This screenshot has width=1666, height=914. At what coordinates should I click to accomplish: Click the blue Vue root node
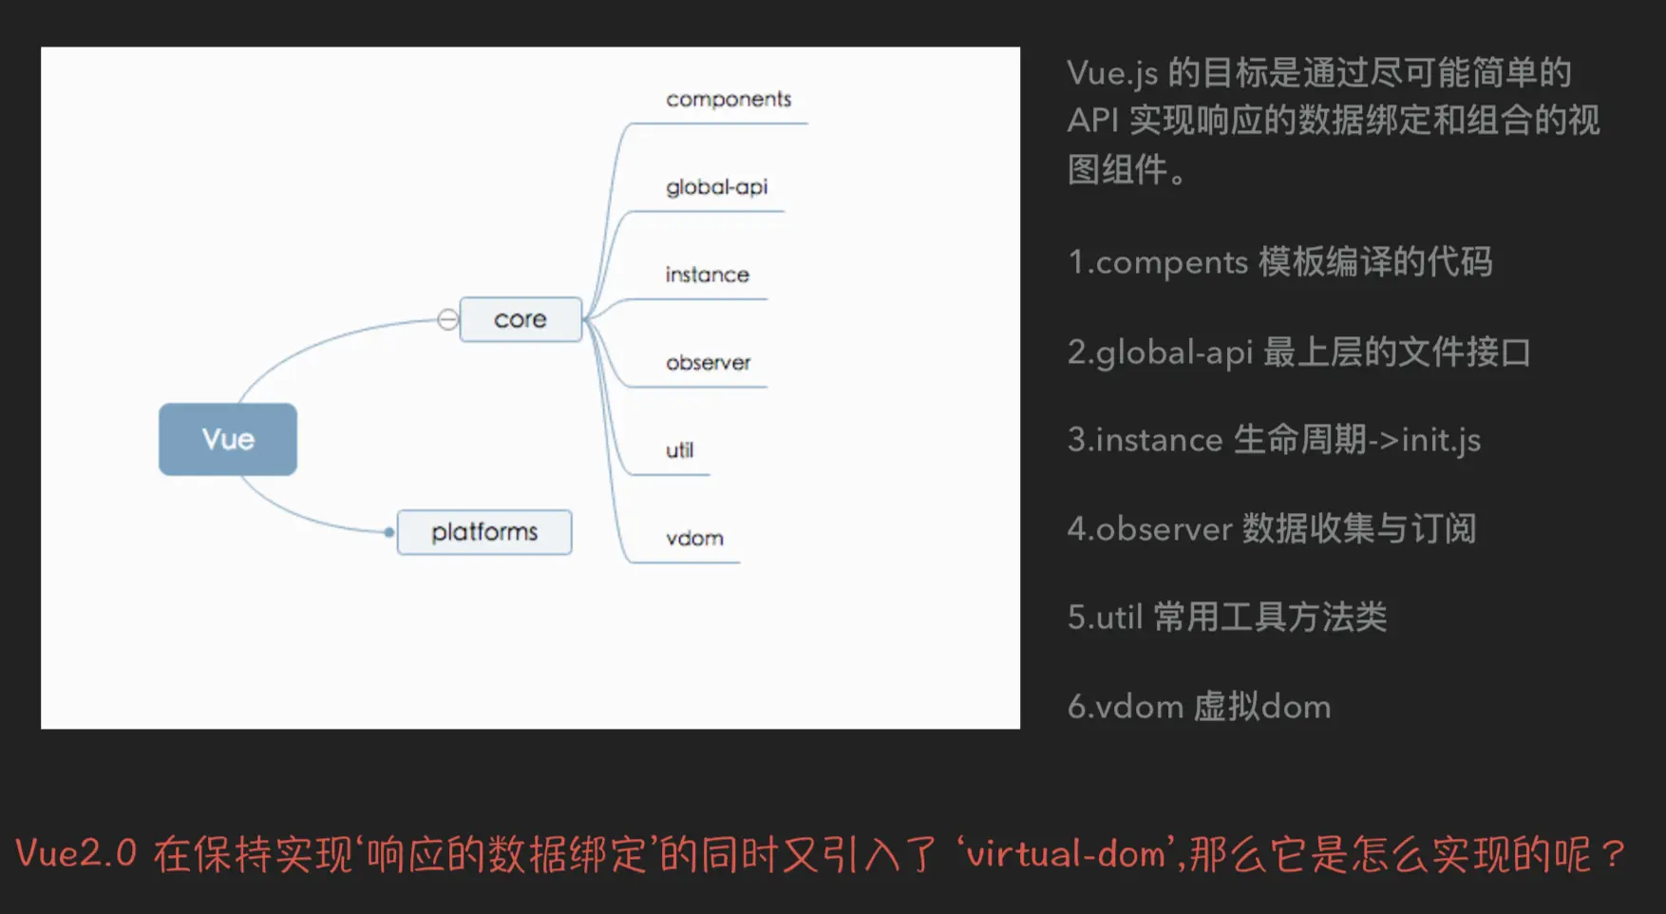pyautogui.click(x=228, y=439)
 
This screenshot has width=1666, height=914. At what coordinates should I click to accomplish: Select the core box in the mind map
pyautogui.click(x=521, y=319)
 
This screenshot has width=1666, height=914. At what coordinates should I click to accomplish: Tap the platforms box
pyautogui.click(x=484, y=532)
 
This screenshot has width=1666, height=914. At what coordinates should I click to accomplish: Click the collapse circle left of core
pyautogui.click(x=447, y=319)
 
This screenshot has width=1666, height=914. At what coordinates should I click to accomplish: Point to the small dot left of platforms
pyautogui.click(x=388, y=533)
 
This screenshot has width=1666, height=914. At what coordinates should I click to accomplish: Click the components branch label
pyautogui.click(x=729, y=99)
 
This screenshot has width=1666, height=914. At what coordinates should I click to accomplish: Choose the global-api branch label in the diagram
pyautogui.click(x=716, y=187)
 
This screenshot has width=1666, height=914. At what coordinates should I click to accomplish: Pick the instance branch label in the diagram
pyautogui.click(x=708, y=275)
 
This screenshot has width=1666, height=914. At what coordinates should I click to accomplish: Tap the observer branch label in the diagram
pyautogui.click(x=709, y=363)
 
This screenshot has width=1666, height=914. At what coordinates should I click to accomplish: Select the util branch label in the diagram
pyautogui.click(x=679, y=450)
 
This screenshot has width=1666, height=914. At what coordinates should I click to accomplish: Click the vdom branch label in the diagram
pyautogui.click(x=694, y=539)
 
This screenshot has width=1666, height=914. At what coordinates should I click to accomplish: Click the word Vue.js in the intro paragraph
pyautogui.click(x=1112, y=73)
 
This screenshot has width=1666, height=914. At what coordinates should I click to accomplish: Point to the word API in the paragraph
pyautogui.click(x=1093, y=121)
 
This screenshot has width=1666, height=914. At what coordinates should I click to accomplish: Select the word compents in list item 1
pyautogui.click(x=1172, y=262)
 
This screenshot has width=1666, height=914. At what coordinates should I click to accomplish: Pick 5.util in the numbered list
pyautogui.click(x=1105, y=618)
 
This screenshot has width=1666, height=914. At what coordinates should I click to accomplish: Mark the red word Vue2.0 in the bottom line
pyautogui.click(x=76, y=853)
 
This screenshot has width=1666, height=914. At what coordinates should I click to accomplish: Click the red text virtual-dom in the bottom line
pyautogui.click(x=1066, y=853)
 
